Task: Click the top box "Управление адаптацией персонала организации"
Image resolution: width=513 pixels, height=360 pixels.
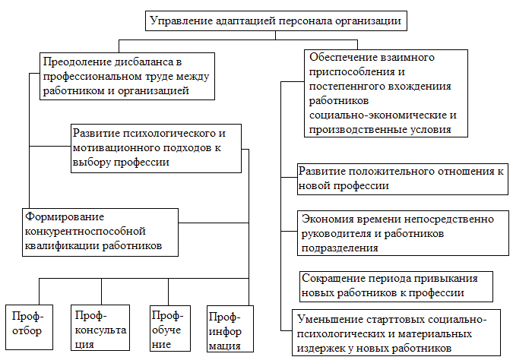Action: tap(276, 21)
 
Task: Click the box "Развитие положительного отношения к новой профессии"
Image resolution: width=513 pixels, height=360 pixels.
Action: tap(401, 178)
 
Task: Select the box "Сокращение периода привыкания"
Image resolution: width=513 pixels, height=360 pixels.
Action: tap(395, 285)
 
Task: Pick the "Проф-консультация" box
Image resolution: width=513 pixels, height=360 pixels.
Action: tap(98, 327)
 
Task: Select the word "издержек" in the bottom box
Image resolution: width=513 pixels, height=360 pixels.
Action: tap(318, 348)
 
